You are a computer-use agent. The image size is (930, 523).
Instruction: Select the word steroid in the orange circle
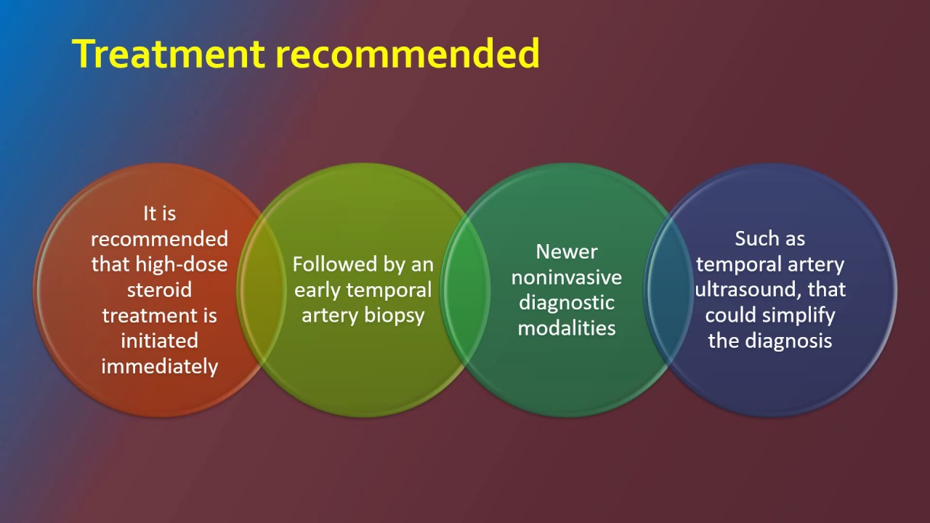click(159, 290)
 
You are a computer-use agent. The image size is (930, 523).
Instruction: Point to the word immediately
click(159, 366)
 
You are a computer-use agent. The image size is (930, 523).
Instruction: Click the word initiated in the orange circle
click(159, 341)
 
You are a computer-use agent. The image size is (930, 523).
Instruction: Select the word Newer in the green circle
click(567, 251)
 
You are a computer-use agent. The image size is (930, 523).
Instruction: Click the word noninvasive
click(567, 277)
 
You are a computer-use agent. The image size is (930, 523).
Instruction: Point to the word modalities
click(567, 328)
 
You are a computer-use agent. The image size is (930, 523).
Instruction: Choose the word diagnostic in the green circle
click(567, 302)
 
